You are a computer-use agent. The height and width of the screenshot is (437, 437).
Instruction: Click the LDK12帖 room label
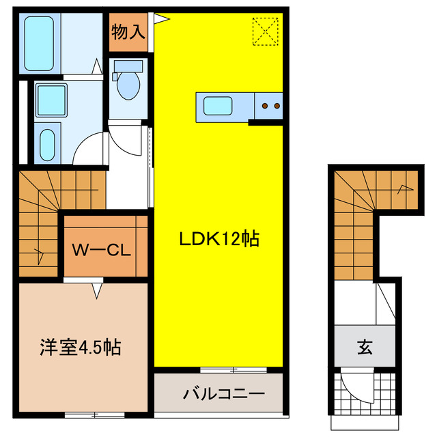point(218,240)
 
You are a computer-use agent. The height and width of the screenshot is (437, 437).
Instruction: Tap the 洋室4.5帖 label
point(79,347)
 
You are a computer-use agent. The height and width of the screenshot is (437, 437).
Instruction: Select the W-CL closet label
point(102,249)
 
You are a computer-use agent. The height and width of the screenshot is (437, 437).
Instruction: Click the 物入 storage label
point(128,32)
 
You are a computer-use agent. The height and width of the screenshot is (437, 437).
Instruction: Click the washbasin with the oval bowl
point(48,143)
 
